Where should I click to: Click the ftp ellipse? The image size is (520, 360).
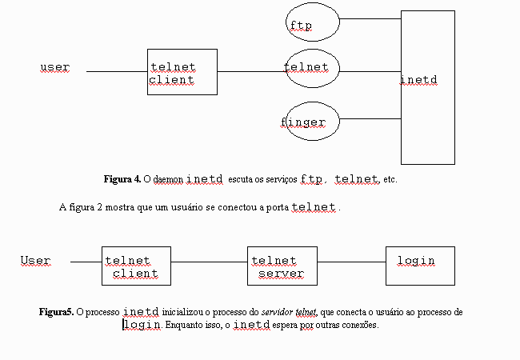(313, 26)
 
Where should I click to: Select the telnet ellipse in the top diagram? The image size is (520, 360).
(313, 71)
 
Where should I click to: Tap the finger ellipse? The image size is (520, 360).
(313, 123)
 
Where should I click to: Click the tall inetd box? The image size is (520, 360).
(427, 88)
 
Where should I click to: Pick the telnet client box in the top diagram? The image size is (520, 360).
(182, 72)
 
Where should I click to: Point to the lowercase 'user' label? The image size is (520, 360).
(54, 67)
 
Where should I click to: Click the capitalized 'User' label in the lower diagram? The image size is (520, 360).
(35, 261)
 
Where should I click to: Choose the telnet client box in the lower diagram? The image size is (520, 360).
(136, 266)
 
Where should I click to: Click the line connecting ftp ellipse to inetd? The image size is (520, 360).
(370, 18)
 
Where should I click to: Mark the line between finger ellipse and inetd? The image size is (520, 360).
(370, 119)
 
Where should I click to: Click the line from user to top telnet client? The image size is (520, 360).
(117, 71)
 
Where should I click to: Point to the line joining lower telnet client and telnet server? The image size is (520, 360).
(210, 262)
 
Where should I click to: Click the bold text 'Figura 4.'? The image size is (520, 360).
(122, 179)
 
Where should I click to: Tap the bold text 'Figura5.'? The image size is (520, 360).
(56, 311)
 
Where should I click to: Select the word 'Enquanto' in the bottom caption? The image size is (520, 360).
(186, 326)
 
